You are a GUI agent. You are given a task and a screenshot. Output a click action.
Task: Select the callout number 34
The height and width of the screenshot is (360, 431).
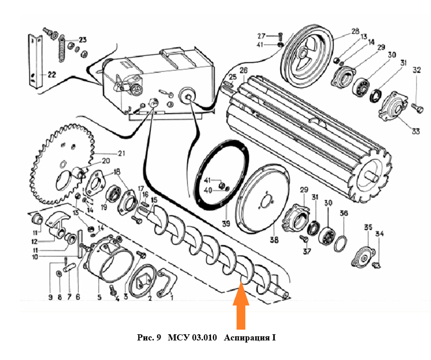click(380, 234)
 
